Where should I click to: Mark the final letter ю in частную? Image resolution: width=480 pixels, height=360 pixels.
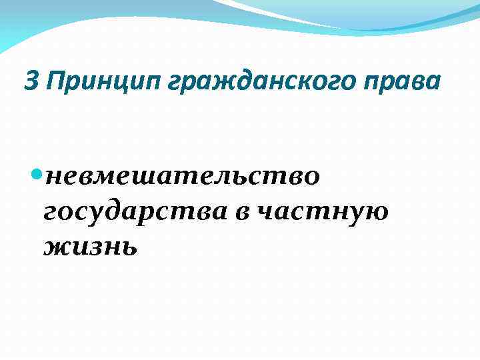click(377, 213)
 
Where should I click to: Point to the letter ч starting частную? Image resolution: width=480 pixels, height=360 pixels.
click(266, 213)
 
